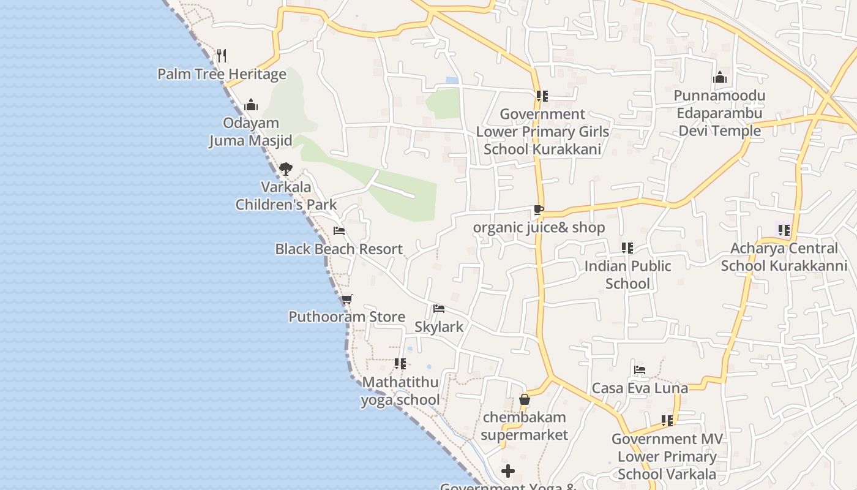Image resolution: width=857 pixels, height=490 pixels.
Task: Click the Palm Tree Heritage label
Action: [222, 74]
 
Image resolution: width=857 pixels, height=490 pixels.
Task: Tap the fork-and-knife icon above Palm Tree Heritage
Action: [222, 56]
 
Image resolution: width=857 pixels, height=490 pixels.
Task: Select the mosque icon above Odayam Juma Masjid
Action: [250, 105]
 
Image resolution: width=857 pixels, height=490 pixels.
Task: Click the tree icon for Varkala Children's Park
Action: [285, 169]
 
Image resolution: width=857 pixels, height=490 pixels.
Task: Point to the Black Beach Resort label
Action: [339, 249]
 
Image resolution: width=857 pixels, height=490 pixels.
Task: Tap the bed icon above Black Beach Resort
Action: [339, 231]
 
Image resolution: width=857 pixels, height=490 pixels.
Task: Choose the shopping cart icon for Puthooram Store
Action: [346, 299]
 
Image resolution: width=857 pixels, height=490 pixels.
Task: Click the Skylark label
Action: [439, 326]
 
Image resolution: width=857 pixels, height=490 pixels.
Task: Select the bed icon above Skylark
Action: [438, 309]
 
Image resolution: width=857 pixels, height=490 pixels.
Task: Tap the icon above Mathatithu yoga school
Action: [400, 364]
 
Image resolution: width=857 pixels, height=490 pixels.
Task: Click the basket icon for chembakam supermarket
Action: [524, 399]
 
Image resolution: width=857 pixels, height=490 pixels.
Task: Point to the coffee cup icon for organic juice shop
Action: [538, 210]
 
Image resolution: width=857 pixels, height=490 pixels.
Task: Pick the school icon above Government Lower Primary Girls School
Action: [542, 96]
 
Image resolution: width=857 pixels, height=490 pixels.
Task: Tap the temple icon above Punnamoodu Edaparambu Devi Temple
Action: [720, 78]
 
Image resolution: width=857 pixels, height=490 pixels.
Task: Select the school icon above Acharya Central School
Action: [784, 230]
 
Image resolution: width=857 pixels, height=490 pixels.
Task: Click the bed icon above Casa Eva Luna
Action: [640, 370]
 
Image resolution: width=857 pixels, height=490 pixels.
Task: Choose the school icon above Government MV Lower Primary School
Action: [667, 421]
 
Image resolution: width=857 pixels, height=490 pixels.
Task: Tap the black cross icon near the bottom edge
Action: [508, 471]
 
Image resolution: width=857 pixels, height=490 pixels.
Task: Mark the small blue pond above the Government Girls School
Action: [452, 80]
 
